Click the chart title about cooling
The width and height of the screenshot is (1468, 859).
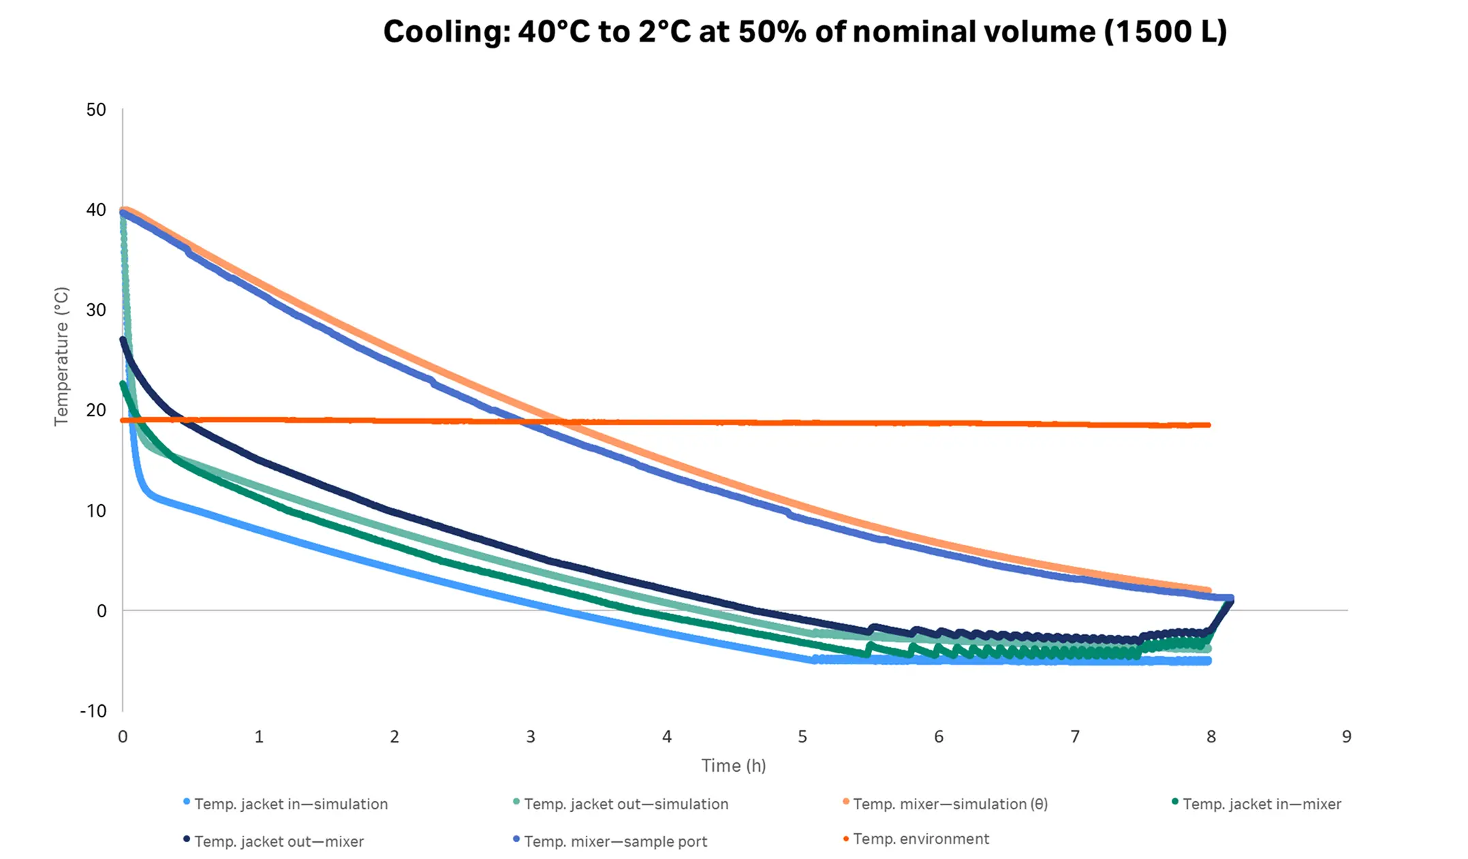click(805, 32)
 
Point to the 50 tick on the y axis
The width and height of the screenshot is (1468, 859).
click(96, 110)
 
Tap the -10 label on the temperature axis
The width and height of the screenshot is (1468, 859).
click(93, 711)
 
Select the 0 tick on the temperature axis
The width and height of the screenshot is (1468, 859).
click(101, 611)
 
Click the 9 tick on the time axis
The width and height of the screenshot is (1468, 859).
click(1346, 736)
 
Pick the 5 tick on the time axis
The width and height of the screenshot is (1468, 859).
click(802, 736)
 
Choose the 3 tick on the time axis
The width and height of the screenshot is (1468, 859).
click(531, 736)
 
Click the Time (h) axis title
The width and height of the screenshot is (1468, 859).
click(734, 766)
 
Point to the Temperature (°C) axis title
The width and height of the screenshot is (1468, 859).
click(61, 356)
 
